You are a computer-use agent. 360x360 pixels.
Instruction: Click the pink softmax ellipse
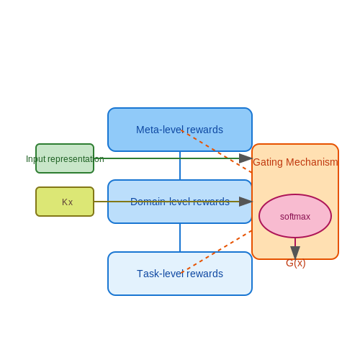tap(295, 216)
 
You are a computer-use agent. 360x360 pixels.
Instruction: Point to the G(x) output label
tap(296, 263)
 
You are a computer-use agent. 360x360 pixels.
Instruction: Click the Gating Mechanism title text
tap(295, 162)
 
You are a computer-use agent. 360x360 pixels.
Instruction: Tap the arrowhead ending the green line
tap(246, 158)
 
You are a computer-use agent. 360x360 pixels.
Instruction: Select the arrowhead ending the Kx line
tap(246, 202)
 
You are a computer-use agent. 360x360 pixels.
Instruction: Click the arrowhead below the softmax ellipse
tap(295, 253)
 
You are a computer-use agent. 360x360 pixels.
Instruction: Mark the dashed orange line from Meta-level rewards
tap(217, 151)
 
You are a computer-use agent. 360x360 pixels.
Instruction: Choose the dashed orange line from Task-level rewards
tap(217, 252)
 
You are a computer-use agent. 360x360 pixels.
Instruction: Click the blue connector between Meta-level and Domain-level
tap(180, 166)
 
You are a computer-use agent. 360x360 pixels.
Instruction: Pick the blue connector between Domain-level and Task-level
tap(180, 238)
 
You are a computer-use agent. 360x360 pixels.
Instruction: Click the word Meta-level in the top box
tap(160, 130)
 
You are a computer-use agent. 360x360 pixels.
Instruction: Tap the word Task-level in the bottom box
tap(161, 274)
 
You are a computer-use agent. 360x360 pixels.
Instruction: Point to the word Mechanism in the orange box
tap(312, 162)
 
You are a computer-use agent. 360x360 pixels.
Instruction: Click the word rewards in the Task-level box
tap(205, 274)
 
